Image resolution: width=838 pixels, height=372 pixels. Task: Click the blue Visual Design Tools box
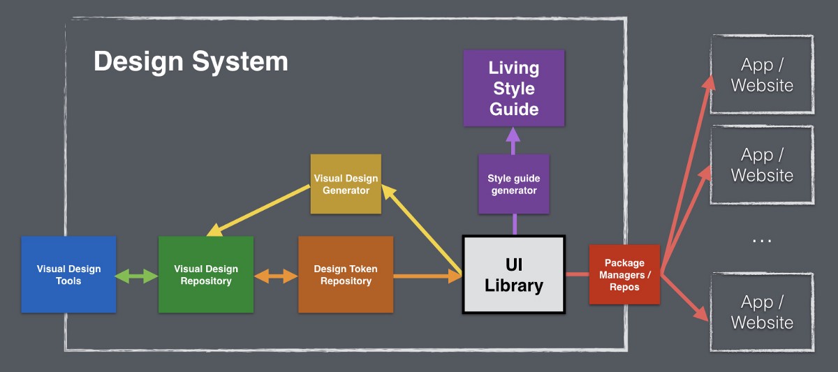pyautogui.click(x=68, y=274)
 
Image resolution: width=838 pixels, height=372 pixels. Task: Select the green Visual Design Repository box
pyautogui.click(x=206, y=274)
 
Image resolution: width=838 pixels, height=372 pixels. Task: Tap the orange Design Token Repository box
pyautogui.click(x=346, y=274)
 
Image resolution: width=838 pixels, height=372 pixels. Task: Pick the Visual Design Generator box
pyautogui.click(x=346, y=184)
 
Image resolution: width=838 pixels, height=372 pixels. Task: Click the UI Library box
pyautogui.click(x=514, y=274)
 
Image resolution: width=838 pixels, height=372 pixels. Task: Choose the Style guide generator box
pyautogui.click(x=514, y=184)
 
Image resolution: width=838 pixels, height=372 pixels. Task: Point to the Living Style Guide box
pyautogui.click(x=514, y=88)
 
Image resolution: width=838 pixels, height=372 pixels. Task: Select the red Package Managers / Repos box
pyautogui.click(x=624, y=274)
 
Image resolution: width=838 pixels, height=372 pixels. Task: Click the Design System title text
pyautogui.click(x=191, y=61)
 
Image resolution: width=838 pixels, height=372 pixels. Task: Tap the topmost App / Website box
pyautogui.click(x=762, y=75)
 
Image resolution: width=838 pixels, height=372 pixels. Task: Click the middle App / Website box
pyautogui.click(x=762, y=165)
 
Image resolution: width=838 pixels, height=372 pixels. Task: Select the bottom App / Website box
pyautogui.click(x=762, y=312)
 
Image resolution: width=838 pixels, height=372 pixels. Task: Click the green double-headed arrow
pyautogui.click(x=136, y=276)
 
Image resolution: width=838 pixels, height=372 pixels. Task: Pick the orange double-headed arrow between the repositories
pyautogui.click(x=276, y=276)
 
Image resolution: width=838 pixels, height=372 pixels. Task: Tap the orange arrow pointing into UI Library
pyautogui.click(x=427, y=276)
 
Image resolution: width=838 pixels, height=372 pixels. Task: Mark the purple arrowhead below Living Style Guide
pyautogui.click(x=513, y=135)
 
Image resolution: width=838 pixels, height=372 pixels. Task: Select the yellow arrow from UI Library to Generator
pyautogui.click(x=422, y=230)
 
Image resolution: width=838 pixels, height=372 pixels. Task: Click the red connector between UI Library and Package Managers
pyautogui.click(x=578, y=274)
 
